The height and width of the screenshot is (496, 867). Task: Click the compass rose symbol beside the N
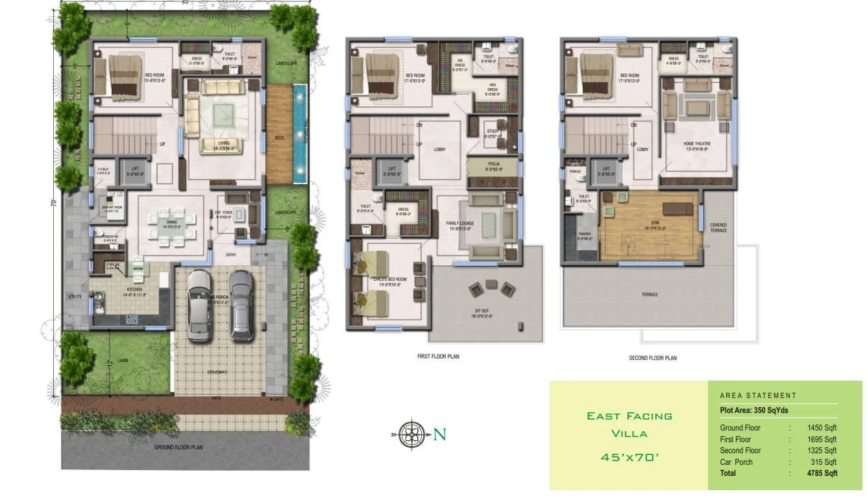click(410, 434)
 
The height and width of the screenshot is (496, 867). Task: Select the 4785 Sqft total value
click(821, 473)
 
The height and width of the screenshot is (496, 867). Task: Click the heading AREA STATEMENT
click(757, 396)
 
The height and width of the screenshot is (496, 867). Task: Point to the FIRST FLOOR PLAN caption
click(438, 357)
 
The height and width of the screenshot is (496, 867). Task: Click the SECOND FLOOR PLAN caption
click(653, 358)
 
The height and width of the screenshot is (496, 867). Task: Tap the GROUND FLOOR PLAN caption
click(178, 447)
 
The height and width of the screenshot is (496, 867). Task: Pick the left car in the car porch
click(199, 305)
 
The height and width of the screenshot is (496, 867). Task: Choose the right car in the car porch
click(241, 305)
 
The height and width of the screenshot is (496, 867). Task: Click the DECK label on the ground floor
click(280, 137)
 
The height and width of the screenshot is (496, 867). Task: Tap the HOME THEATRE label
click(697, 143)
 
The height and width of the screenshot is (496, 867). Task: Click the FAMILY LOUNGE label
click(460, 224)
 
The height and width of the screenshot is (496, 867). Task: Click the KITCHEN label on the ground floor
click(134, 289)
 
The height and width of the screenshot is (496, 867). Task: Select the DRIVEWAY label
click(217, 372)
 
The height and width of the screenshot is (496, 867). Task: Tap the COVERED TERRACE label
click(718, 228)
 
